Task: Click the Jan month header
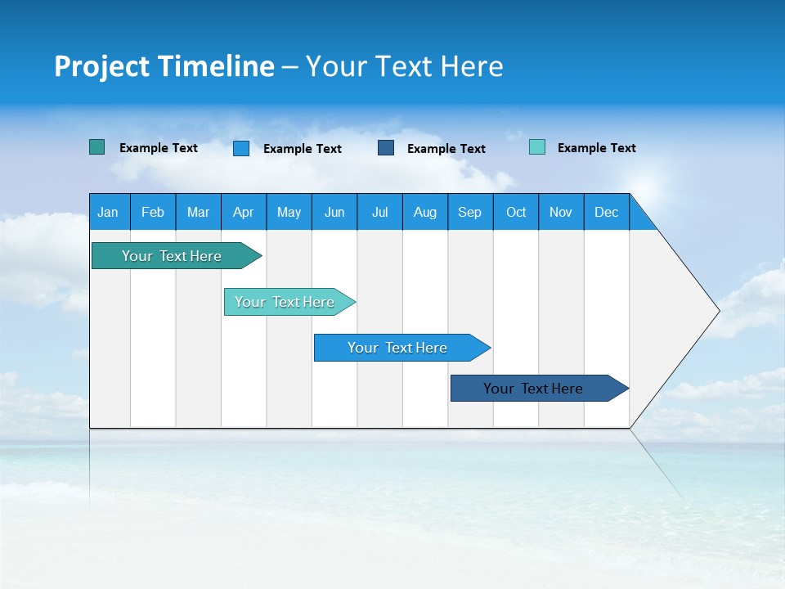(108, 212)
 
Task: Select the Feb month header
(153, 212)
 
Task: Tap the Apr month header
(243, 212)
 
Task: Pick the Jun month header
(334, 212)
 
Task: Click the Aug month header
(425, 212)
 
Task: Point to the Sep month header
(470, 212)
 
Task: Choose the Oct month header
(516, 212)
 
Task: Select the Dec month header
(607, 212)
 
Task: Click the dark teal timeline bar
(172, 256)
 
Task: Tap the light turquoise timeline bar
(285, 302)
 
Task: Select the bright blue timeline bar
(397, 348)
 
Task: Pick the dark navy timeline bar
(534, 389)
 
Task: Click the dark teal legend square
(97, 147)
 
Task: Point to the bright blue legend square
(241, 148)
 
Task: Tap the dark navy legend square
(386, 147)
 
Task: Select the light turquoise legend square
(537, 147)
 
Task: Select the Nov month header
(561, 212)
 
